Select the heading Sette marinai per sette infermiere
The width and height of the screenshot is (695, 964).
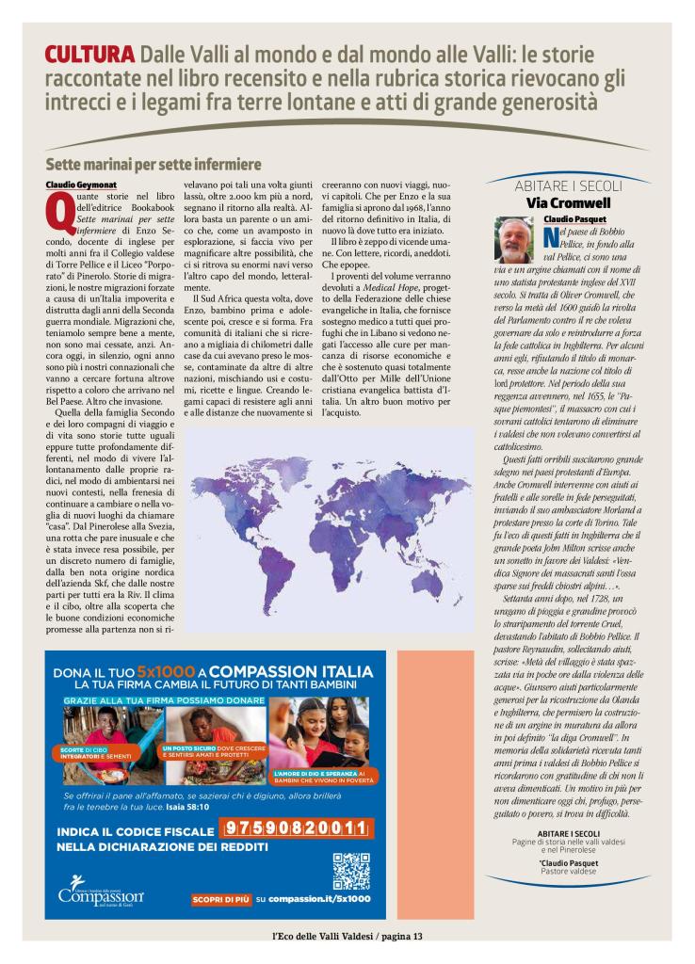point(153,164)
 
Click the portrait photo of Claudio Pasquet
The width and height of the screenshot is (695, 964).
point(516,239)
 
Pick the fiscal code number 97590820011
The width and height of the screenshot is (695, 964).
point(295,828)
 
